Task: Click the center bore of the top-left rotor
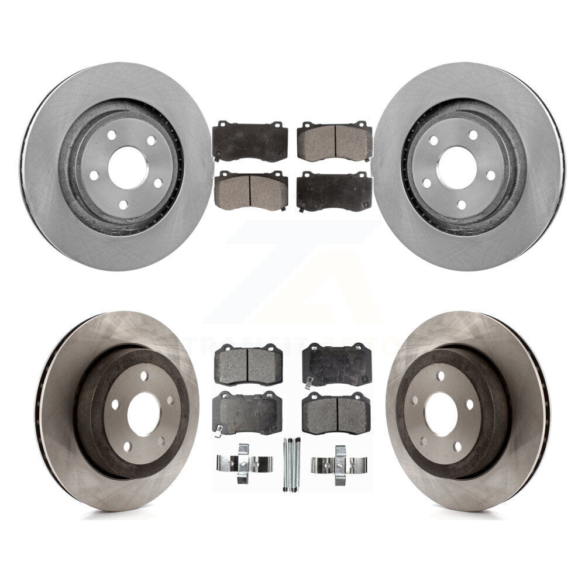(x=125, y=164)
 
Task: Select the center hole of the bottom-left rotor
(x=143, y=414)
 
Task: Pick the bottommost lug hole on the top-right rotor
(x=462, y=204)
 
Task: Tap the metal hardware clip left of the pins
(x=243, y=464)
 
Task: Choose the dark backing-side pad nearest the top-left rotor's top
(x=250, y=141)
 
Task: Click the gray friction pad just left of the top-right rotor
(x=335, y=142)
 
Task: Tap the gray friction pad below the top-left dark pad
(x=250, y=191)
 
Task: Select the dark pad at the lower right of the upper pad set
(x=334, y=192)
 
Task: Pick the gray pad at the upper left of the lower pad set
(x=249, y=364)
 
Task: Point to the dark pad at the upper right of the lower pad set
(x=336, y=364)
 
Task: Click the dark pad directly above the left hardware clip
(x=247, y=413)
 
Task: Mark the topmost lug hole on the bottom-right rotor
(x=440, y=376)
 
